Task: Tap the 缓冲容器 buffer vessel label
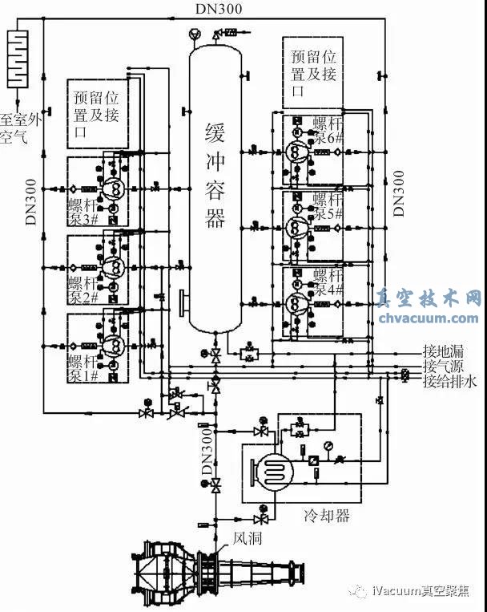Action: click(x=215, y=176)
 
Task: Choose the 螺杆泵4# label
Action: click(x=328, y=283)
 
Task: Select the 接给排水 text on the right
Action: click(x=449, y=382)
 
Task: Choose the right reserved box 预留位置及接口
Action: click(x=313, y=72)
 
